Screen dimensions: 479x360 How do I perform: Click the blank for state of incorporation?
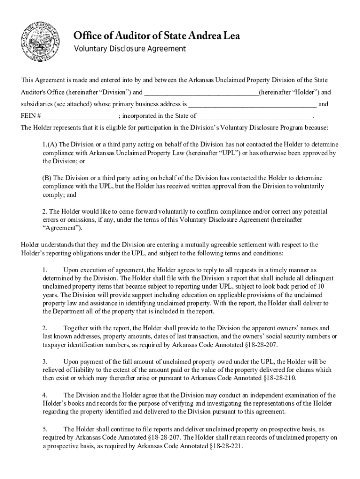255,116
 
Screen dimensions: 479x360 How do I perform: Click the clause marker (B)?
46,178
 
